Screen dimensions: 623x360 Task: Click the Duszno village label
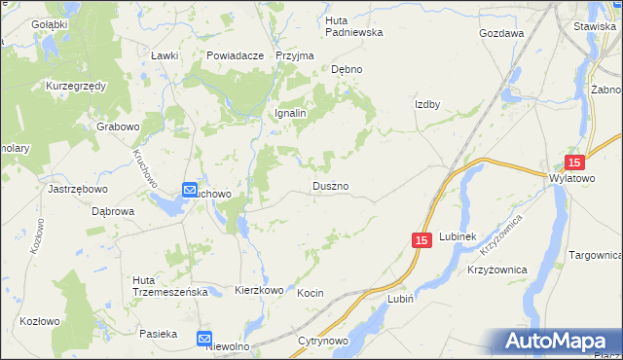(331, 185)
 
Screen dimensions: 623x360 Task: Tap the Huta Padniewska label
(353, 25)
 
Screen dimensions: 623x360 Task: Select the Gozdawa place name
(501, 32)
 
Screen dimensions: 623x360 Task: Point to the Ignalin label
(289, 113)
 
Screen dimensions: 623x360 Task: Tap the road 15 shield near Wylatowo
(574, 163)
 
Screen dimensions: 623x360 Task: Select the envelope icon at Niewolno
(204, 339)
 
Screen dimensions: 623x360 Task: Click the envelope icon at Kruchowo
(190, 191)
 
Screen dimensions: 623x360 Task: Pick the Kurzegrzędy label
(75, 86)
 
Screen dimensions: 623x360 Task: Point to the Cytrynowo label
(323, 342)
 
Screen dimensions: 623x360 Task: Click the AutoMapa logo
(559, 342)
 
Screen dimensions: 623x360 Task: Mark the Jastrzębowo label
(77, 189)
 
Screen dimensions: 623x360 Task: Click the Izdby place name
(428, 105)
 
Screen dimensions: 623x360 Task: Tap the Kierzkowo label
(259, 290)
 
